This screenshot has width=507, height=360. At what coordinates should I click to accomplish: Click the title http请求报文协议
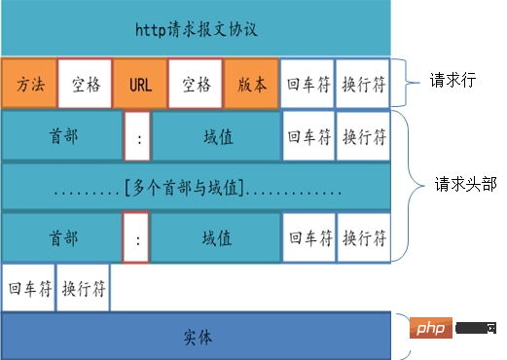195,28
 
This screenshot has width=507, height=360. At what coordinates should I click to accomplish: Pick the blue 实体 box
195,338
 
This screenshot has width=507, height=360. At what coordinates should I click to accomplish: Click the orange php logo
429,329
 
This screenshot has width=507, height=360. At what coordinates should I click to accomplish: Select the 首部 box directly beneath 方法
62,136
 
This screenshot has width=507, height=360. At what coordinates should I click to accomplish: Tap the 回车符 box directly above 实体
28,288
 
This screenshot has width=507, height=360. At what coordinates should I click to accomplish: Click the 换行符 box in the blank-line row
84,288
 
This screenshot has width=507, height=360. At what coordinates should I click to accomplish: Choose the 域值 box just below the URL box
216,136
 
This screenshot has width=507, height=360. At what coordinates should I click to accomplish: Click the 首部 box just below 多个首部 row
62,236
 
